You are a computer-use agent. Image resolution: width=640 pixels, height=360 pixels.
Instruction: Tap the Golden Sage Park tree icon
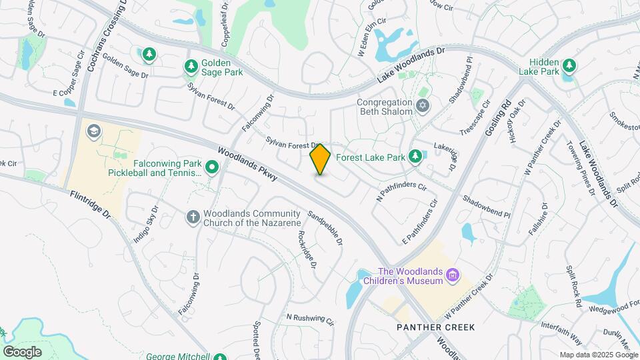click(191, 66)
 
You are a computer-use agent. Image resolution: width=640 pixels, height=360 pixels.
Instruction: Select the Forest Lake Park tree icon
click(415, 156)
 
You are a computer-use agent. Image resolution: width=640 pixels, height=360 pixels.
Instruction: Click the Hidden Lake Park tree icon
click(569, 65)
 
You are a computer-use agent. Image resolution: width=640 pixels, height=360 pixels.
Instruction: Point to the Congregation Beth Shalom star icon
click(421, 105)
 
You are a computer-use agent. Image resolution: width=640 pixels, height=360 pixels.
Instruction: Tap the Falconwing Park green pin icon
click(212, 167)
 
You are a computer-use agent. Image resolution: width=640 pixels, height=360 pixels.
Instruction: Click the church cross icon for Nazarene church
click(193, 217)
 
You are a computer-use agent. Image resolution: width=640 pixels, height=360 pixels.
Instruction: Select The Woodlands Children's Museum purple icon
click(453, 275)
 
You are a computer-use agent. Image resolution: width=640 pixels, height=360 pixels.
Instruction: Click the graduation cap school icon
click(94, 131)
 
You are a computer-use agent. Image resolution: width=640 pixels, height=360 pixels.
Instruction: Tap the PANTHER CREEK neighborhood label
click(436, 327)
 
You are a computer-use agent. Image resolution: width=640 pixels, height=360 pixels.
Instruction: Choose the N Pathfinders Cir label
click(401, 191)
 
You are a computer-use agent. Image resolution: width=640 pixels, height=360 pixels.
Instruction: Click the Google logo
click(22, 351)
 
